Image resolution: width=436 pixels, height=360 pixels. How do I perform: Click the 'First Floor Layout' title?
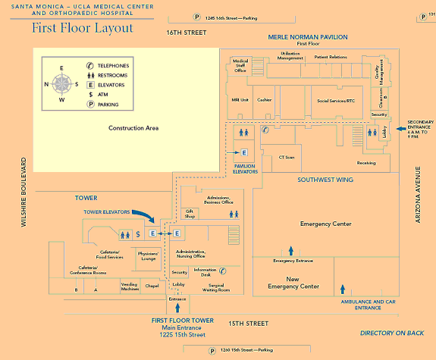tap(82, 29)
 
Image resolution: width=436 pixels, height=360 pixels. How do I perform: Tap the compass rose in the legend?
tap(63, 83)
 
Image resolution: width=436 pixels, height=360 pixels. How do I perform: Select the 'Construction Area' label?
tap(133, 128)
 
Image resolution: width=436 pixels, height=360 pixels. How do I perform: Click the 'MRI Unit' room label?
tap(240, 99)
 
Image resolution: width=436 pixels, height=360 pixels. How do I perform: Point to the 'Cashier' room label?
tap(265, 99)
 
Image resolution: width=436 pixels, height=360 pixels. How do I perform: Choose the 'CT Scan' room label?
tap(287, 157)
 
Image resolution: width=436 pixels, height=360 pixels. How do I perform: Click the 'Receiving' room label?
tap(366, 163)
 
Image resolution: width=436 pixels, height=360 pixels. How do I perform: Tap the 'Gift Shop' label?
tap(190, 214)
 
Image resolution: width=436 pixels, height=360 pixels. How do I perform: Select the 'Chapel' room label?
tap(152, 286)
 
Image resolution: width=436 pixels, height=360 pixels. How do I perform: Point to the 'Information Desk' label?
tap(205, 271)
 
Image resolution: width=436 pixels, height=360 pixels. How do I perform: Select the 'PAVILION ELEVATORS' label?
tap(245, 168)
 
